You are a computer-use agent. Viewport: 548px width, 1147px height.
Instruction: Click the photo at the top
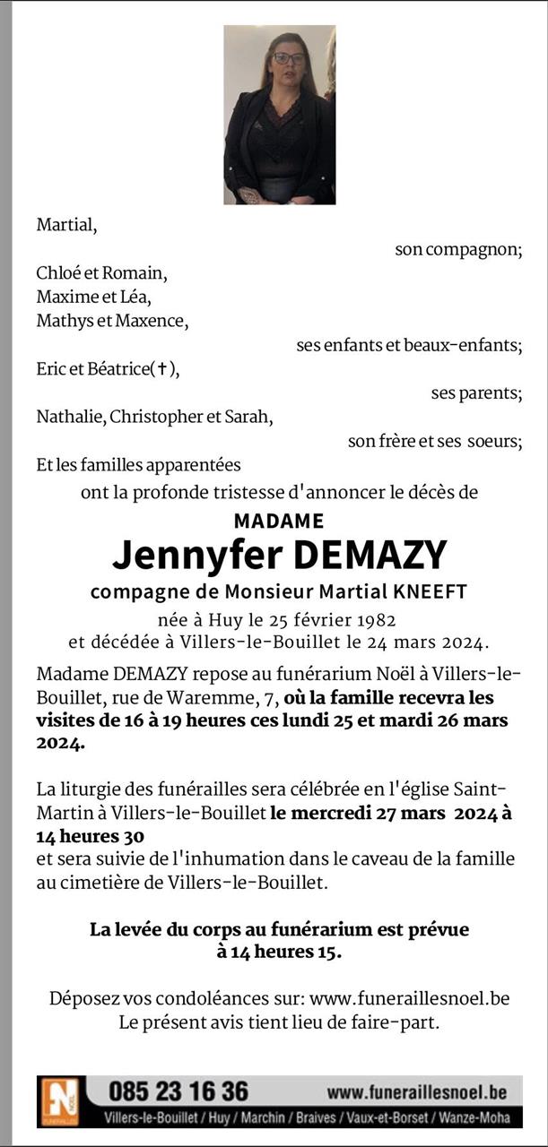click(279, 115)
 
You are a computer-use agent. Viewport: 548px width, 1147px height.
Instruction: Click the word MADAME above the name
click(278, 520)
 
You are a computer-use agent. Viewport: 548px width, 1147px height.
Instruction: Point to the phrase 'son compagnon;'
click(458, 250)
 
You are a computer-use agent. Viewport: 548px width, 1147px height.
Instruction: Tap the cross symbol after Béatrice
click(162, 369)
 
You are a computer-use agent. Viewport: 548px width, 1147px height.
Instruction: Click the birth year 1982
click(375, 619)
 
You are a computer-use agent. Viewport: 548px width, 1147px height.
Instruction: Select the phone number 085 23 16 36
click(178, 1091)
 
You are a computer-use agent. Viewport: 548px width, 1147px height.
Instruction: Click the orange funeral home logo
click(62, 1100)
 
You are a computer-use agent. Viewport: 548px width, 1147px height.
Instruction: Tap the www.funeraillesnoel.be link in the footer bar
click(416, 1092)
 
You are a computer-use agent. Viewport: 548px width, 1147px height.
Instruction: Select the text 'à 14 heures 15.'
click(279, 953)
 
